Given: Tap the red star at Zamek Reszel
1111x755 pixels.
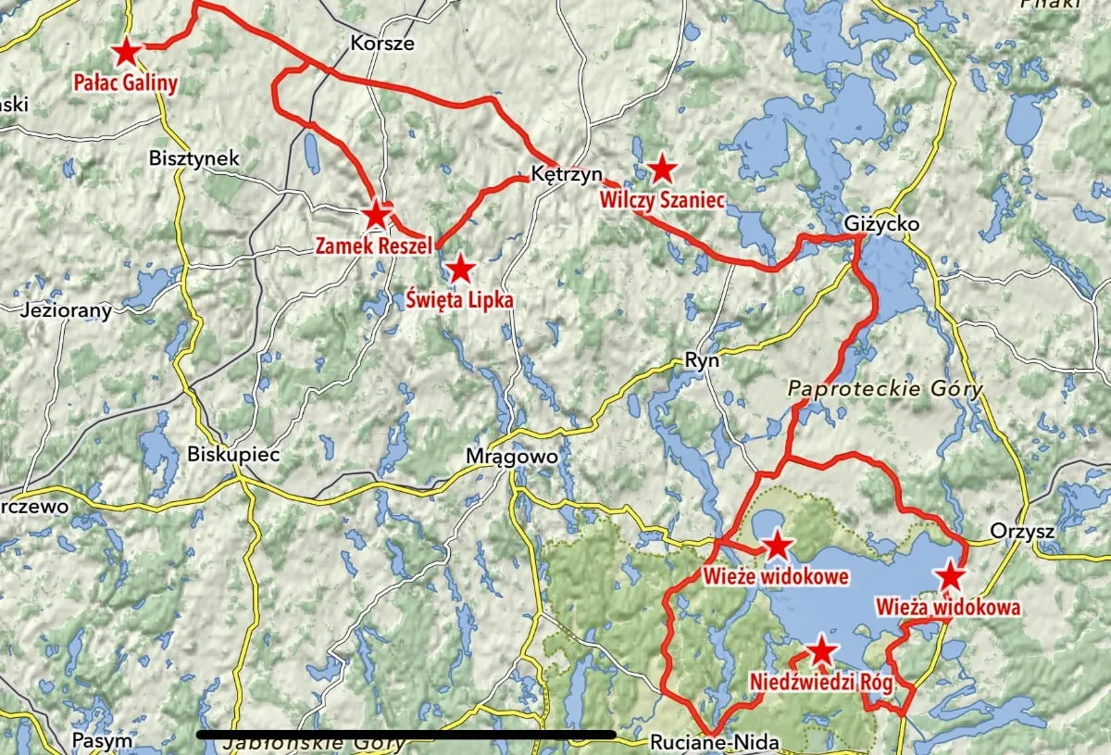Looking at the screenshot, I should click(375, 216).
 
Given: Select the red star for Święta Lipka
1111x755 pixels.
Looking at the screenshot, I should click(460, 270).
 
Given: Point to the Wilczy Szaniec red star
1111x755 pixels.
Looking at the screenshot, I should click(661, 169).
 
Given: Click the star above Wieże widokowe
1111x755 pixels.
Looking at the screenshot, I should click(776, 545).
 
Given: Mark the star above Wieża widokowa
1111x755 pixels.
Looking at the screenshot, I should click(951, 576).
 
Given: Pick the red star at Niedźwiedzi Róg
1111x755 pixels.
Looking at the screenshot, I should click(821, 651).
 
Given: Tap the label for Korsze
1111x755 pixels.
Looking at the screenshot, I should click(382, 43).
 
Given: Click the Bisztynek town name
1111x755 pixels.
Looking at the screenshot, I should click(193, 158).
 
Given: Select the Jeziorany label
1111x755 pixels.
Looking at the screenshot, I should click(66, 310).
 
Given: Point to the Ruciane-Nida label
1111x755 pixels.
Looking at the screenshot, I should click(713, 742).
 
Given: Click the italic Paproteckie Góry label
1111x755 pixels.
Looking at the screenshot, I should click(883, 390).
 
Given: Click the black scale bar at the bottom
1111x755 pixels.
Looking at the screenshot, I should click(407, 735).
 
